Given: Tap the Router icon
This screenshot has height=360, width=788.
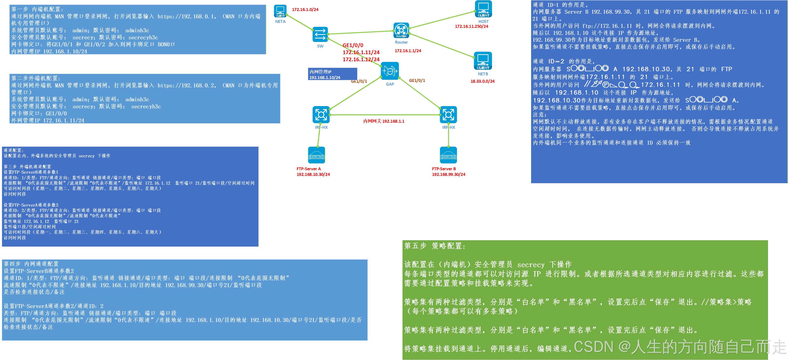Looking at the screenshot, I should [x=401, y=30].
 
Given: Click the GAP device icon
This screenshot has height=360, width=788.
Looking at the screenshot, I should [x=390, y=71].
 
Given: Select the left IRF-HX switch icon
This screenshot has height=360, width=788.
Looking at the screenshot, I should [x=321, y=115].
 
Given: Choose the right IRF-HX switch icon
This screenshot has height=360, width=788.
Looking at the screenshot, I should [x=448, y=115].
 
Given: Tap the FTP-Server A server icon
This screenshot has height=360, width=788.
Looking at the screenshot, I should [x=316, y=155].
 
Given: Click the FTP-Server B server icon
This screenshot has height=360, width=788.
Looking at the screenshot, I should [x=448, y=155].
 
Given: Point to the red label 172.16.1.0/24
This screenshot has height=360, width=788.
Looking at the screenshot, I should [x=305, y=10].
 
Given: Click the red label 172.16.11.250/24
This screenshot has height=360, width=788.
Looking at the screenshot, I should [x=471, y=26].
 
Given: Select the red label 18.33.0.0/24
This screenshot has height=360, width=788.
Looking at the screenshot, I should [x=482, y=81].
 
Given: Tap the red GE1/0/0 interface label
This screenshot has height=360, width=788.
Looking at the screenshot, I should [x=353, y=45].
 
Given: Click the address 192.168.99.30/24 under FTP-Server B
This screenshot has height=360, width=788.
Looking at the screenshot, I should [x=448, y=174].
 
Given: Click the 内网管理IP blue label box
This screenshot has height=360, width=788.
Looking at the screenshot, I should [x=332, y=74].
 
